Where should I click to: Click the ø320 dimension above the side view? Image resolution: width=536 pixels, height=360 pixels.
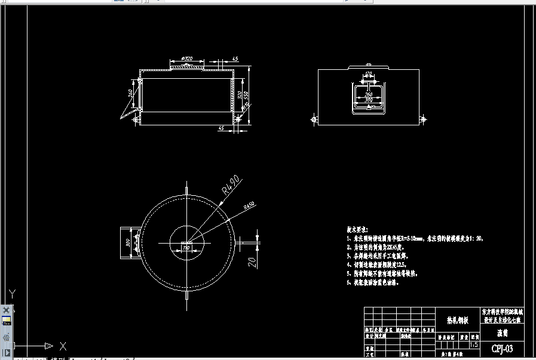pos(185,59)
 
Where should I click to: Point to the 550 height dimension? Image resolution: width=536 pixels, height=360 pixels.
pos(246,96)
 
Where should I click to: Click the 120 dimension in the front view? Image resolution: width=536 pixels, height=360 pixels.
pos(368,74)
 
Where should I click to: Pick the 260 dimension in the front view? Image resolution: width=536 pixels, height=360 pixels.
pos(368,94)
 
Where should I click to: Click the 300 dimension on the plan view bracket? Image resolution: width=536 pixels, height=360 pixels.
pos(127,243)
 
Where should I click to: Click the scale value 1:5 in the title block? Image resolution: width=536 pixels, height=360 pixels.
pos(474,344)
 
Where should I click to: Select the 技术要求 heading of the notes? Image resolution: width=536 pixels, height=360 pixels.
pos(357,229)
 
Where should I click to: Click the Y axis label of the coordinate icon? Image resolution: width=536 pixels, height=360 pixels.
pos(11,293)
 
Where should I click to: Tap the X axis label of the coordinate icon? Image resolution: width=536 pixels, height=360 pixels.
pos(63,346)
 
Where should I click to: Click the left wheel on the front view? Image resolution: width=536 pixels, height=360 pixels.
pos(315,119)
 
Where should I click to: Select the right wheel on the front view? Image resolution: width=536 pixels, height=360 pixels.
pos(424,119)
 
